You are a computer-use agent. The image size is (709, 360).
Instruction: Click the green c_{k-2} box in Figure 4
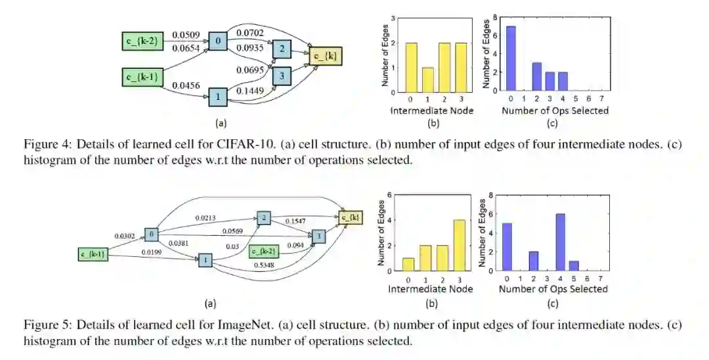tap(140, 41)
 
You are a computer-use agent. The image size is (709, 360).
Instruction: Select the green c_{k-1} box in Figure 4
tap(140, 77)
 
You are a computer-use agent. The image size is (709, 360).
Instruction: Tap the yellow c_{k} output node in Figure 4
tap(326, 57)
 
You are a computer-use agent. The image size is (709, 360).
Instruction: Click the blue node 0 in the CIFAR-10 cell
tap(218, 41)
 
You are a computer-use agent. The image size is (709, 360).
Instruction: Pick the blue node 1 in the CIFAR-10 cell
tap(218, 97)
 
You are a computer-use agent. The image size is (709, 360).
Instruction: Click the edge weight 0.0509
tap(186, 34)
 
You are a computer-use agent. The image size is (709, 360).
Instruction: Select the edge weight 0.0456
tap(186, 85)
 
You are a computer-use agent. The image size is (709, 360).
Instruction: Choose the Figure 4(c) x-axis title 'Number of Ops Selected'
tap(555, 110)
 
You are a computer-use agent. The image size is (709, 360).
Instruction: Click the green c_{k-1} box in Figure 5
tap(93, 253)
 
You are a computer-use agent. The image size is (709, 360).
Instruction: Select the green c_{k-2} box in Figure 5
tap(266, 250)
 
